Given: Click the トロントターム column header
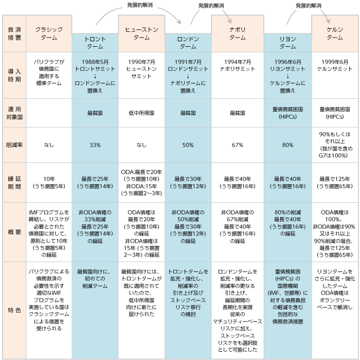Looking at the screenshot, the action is (95, 43).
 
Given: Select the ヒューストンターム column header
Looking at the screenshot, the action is (141, 33).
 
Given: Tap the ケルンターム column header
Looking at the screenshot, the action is (335, 33).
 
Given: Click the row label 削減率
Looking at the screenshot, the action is (14, 145).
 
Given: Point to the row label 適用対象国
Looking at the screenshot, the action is (14, 113).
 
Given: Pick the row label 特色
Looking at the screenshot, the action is (14, 311).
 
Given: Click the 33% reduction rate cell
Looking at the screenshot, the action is (95, 145).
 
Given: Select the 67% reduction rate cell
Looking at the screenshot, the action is (238, 145).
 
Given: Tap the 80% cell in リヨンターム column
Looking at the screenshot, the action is (287, 145).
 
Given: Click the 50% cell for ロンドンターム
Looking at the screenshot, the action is (188, 145).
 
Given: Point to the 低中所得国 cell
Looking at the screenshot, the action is (141, 113).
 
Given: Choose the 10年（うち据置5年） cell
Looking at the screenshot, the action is (49, 183).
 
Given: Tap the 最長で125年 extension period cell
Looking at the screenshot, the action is (335, 183).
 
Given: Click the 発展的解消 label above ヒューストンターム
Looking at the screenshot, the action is (140, 5).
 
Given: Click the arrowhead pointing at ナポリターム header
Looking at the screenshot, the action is (229, 21).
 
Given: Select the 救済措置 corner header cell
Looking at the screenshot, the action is (14, 33).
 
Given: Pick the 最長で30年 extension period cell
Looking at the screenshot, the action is (188, 183).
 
